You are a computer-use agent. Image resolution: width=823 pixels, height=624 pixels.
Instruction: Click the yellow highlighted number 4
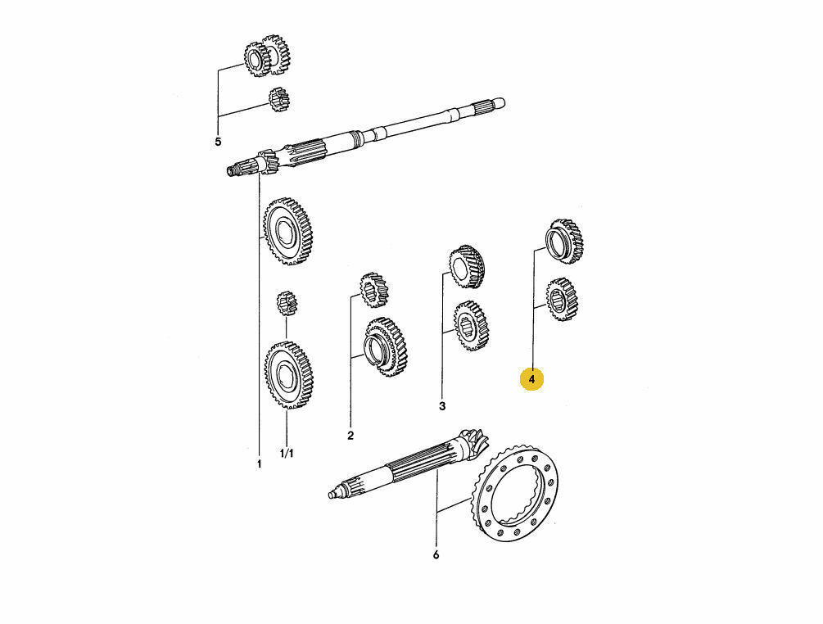531,379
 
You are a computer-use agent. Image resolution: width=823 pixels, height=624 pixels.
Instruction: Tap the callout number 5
218,142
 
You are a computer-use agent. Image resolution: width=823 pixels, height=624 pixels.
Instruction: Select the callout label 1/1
287,454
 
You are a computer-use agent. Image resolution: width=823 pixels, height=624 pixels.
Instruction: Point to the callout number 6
436,554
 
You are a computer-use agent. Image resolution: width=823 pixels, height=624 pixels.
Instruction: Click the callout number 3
442,406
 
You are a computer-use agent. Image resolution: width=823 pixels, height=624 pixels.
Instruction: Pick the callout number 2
350,435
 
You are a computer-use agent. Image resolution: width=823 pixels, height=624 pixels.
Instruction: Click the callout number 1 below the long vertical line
259,464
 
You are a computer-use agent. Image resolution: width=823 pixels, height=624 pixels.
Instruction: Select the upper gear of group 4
565,241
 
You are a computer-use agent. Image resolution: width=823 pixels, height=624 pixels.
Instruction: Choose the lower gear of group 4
562,299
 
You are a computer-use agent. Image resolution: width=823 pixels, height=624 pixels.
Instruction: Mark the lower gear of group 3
471,326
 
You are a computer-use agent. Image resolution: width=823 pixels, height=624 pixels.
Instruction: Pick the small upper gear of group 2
373,290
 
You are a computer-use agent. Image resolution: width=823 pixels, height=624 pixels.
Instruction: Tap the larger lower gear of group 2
386,347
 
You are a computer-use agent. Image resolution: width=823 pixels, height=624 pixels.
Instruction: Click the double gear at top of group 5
267,56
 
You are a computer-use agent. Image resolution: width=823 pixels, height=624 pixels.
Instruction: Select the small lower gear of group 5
279,100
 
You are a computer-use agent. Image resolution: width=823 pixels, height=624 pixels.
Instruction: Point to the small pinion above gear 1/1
287,304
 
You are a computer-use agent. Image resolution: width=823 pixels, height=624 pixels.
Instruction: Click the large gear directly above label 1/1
289,375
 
